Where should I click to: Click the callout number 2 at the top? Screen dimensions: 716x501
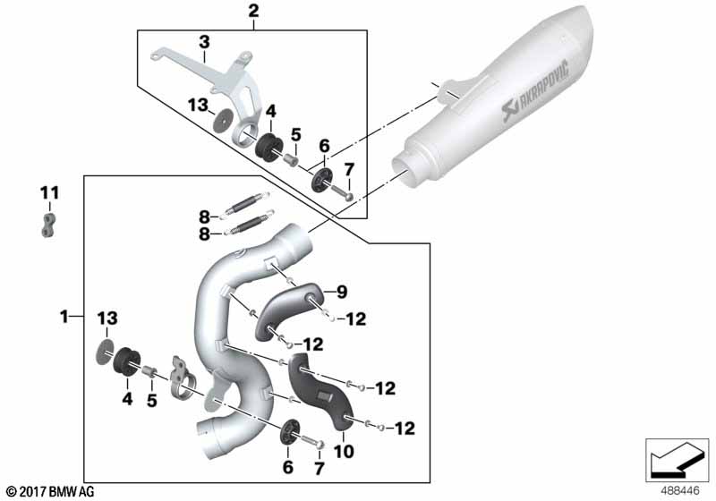(253, 11)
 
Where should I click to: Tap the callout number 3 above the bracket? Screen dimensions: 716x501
(204, 42)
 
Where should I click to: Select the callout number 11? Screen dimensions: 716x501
(50, 193)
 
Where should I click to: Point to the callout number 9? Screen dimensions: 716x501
(342, 292)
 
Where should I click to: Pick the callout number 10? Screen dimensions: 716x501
(344, 451)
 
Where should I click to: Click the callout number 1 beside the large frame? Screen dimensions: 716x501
(64, 316)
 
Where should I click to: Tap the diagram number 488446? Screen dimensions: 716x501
(680, 491)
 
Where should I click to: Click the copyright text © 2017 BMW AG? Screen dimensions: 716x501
(50, 492)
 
